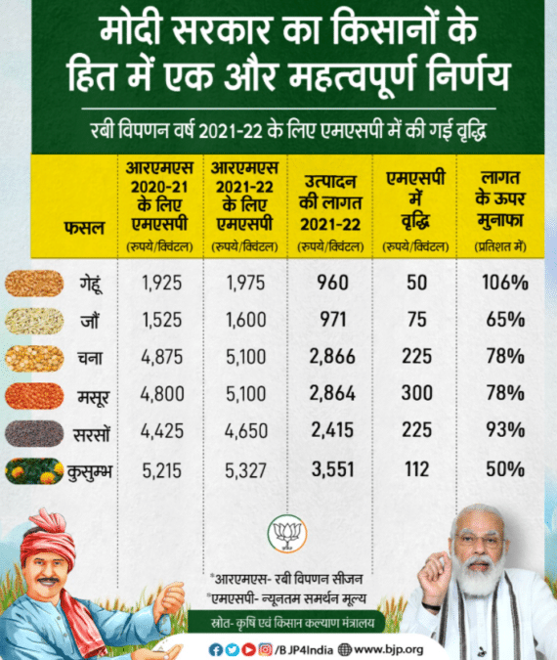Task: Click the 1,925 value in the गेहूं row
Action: click(162, 284)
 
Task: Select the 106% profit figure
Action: click(506, 284)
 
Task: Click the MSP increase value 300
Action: click(415, 396)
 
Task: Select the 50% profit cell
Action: click(506, 470)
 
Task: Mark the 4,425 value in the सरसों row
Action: click(162, 433)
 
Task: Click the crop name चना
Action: click(90, 358)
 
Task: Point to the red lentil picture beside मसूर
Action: click(34, 396)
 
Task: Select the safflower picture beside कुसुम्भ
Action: click(34, 470)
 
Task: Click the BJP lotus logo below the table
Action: click(287, 534)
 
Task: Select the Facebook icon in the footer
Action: click(216, 648)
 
